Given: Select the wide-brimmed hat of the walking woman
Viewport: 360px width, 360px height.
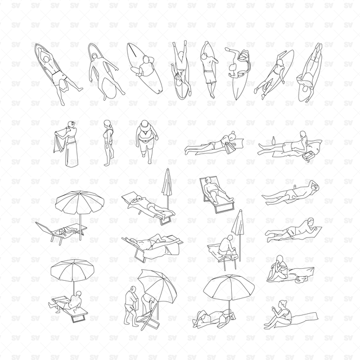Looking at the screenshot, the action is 145,126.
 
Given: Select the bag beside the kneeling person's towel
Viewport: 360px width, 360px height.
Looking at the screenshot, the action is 301,279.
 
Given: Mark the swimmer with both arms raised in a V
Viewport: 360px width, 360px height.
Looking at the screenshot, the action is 181,69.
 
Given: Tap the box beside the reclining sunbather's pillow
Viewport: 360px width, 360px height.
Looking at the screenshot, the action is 308,156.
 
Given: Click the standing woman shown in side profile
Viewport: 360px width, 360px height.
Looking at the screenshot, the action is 107,142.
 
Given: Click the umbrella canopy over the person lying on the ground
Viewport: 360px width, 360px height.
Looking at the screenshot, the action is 229,288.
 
